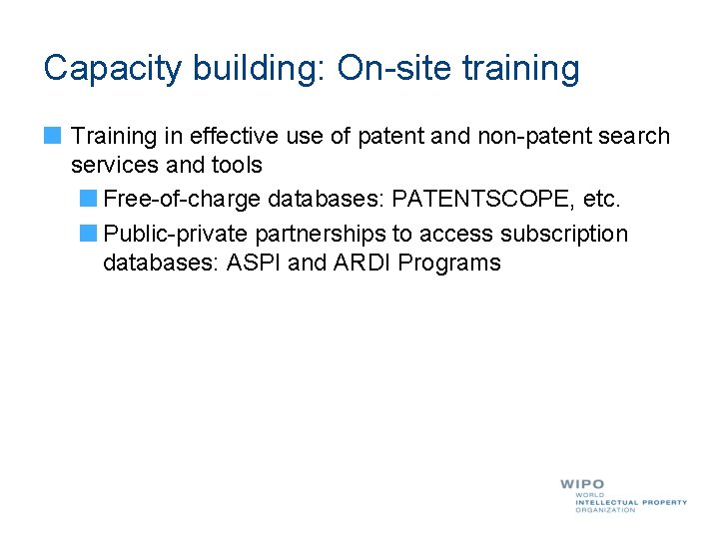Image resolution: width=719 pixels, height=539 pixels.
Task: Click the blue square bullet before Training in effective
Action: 52,136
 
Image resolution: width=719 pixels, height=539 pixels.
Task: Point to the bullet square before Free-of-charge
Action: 88,200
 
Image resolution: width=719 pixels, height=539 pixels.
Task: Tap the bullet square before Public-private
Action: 88,235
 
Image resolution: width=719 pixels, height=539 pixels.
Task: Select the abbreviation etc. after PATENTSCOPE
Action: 600,200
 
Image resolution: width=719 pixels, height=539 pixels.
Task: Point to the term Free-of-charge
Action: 183,200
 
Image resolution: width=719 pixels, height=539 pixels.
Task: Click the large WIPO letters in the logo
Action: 581,484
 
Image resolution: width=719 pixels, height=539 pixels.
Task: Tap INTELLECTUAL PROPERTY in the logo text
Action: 631,502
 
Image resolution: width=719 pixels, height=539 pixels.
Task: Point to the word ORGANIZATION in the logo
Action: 605,510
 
